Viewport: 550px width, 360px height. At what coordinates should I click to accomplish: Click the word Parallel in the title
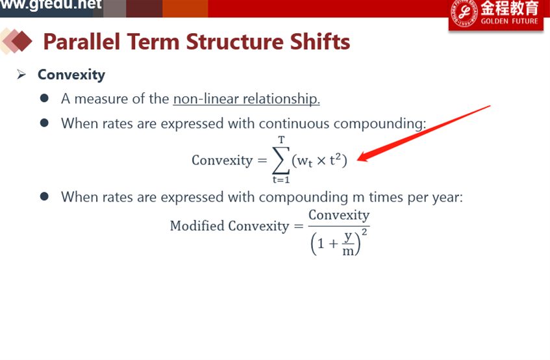[81, 42]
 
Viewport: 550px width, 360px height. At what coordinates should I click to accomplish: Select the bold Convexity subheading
[71, 75]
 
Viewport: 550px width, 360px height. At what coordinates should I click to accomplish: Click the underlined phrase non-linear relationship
[246, 99]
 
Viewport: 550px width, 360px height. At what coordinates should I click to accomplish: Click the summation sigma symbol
[281, 160]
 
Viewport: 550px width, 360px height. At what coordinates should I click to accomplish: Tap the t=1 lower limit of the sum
[281, 180]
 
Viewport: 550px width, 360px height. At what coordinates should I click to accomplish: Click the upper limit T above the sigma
[281, 140]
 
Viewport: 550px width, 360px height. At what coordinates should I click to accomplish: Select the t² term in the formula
[335, 160]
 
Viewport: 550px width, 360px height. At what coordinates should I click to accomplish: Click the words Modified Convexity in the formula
[229, 226]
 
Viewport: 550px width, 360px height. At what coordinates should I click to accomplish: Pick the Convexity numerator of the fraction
[339, 215]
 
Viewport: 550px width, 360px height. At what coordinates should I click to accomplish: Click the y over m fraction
[348, 244]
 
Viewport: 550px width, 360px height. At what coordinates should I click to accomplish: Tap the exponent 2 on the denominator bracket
[364, 232]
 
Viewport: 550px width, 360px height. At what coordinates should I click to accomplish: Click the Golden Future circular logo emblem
[464, 13]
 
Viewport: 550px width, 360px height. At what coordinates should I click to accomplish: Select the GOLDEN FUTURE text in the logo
[509, 21]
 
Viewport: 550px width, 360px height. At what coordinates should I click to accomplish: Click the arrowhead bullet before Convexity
[21, 74]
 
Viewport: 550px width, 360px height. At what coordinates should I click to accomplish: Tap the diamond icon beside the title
[16, 42]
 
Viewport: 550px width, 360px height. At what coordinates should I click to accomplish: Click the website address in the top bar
[51, 4]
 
